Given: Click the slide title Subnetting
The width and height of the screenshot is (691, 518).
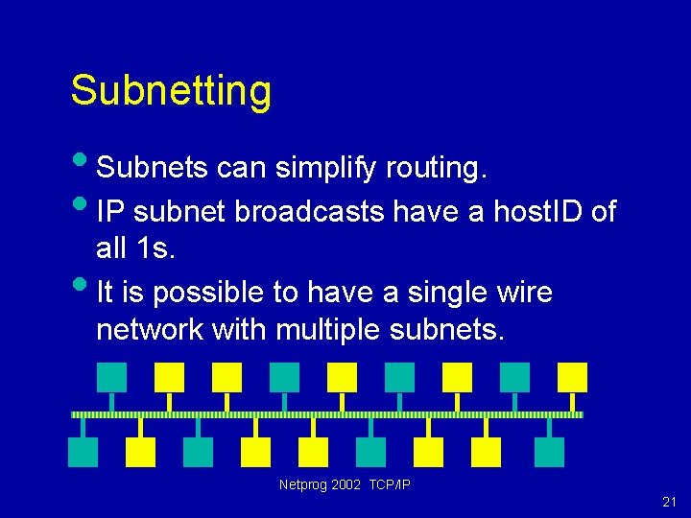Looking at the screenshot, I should point(171,91).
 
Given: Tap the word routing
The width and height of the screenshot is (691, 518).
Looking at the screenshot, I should point(437,169).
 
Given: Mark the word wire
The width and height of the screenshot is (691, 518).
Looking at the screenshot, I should point(522,292).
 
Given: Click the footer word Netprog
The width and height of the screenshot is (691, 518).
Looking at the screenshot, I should point(302,485).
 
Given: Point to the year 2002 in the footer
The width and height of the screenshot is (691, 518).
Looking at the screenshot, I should point(346,485).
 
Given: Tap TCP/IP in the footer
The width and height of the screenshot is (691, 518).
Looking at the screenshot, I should point(390,485).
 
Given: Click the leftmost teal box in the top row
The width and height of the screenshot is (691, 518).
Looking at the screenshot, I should point(112,377).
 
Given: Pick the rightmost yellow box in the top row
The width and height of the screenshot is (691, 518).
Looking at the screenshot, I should point(573,377).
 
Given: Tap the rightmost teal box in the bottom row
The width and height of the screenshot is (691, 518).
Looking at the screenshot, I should point(550,452).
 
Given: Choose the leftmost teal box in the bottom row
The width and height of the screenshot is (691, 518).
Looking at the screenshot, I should point(83,452).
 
